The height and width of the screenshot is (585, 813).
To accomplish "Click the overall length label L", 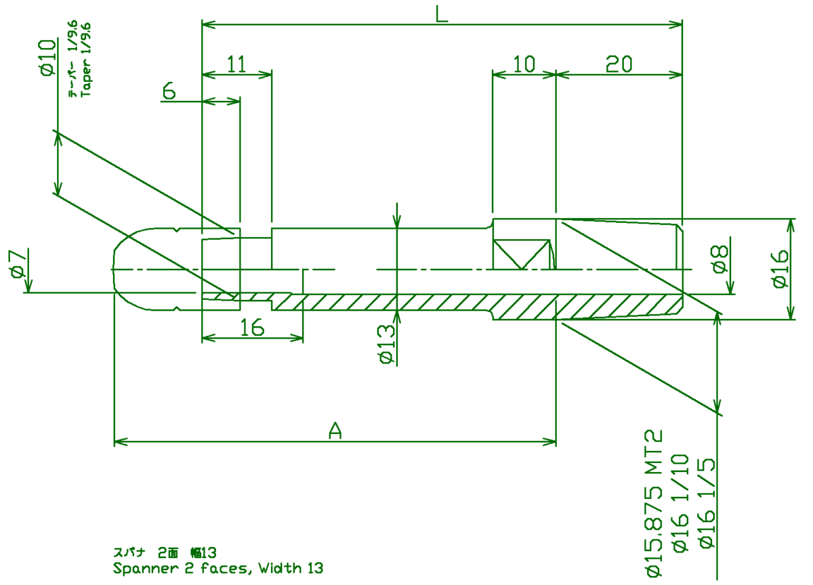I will coord(442,14).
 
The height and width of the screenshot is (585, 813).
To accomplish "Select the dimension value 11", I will coord(236,64).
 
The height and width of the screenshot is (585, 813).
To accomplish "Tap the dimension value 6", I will coord(169,91).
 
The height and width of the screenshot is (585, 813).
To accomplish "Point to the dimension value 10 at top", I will coord(524,64).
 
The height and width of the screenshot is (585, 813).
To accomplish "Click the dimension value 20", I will coord(619,64).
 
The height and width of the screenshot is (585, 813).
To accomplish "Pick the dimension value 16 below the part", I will coord(252,328).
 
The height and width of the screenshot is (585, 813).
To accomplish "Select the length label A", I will coord(335,430).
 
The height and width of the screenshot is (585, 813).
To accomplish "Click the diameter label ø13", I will coord(386,345).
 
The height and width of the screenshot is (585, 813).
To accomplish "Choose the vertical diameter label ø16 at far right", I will coord(780,269).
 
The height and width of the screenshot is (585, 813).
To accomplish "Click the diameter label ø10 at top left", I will coord(47,57).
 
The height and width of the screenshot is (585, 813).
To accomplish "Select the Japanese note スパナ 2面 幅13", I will coord(165,552).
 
